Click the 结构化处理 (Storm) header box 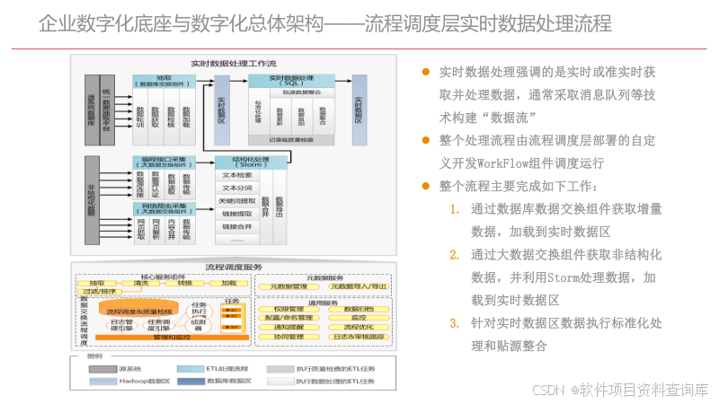pos(251,163)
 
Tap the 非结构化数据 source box pos(91,199)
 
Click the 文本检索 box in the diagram pos(238,176)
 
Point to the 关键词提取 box pos(238,201)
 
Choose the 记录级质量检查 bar pos(290,138)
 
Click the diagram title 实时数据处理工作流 pos(233,64)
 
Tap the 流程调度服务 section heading pos(234,267)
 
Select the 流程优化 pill pos(357,327)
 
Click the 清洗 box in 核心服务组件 pos(140,282)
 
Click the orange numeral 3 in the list pos(455,322)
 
